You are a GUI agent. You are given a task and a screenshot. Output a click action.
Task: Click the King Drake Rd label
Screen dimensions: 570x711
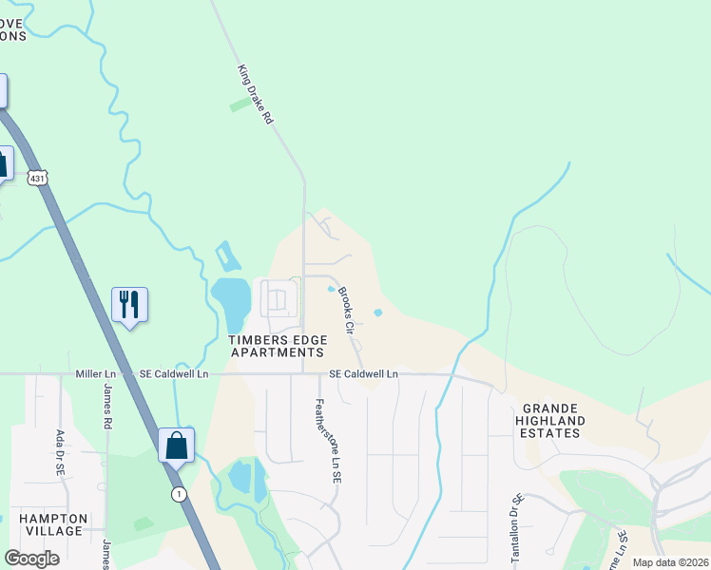coord(255,95)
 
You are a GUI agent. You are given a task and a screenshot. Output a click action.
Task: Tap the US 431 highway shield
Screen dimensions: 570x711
coord(37,177)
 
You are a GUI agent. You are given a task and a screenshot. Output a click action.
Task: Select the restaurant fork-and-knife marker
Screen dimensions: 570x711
coord(129,305)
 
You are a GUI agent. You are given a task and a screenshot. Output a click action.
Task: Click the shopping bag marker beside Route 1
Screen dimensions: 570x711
coord(177,445)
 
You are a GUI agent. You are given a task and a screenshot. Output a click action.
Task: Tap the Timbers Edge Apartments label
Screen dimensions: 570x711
coord(278,346)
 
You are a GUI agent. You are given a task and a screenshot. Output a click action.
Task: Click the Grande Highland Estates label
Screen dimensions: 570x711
coord(549,420)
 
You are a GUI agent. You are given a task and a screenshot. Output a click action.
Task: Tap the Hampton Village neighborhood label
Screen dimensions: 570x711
coord(53,524)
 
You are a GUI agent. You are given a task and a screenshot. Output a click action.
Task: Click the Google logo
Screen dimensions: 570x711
coord(31,558)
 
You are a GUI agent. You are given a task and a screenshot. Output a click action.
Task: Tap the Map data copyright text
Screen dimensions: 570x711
coord(669,562)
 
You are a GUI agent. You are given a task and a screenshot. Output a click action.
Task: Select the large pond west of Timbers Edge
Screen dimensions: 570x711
coord(231,300)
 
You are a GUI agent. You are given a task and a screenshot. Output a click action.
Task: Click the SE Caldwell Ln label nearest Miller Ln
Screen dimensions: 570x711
coord(174,374)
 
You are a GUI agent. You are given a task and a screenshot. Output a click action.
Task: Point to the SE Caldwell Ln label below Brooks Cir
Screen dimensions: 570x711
coord(363,374)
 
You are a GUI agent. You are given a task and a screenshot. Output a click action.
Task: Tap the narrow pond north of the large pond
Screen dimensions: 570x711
coord(227,256)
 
